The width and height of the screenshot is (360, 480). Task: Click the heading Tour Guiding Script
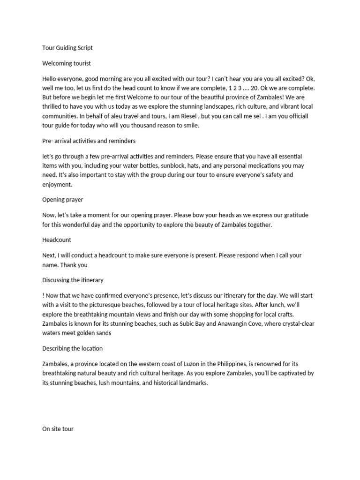point(67,48)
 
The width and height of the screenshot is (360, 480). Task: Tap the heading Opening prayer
point(63,200)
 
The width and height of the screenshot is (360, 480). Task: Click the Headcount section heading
point(57,240)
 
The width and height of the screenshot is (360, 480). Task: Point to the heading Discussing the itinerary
point(73,280)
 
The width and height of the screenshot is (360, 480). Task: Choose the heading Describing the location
point(72,349)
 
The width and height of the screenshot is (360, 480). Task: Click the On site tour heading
point(58,429)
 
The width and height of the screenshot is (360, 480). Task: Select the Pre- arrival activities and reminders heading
point(89,141)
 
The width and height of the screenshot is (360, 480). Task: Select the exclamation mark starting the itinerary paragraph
point(43,296)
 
